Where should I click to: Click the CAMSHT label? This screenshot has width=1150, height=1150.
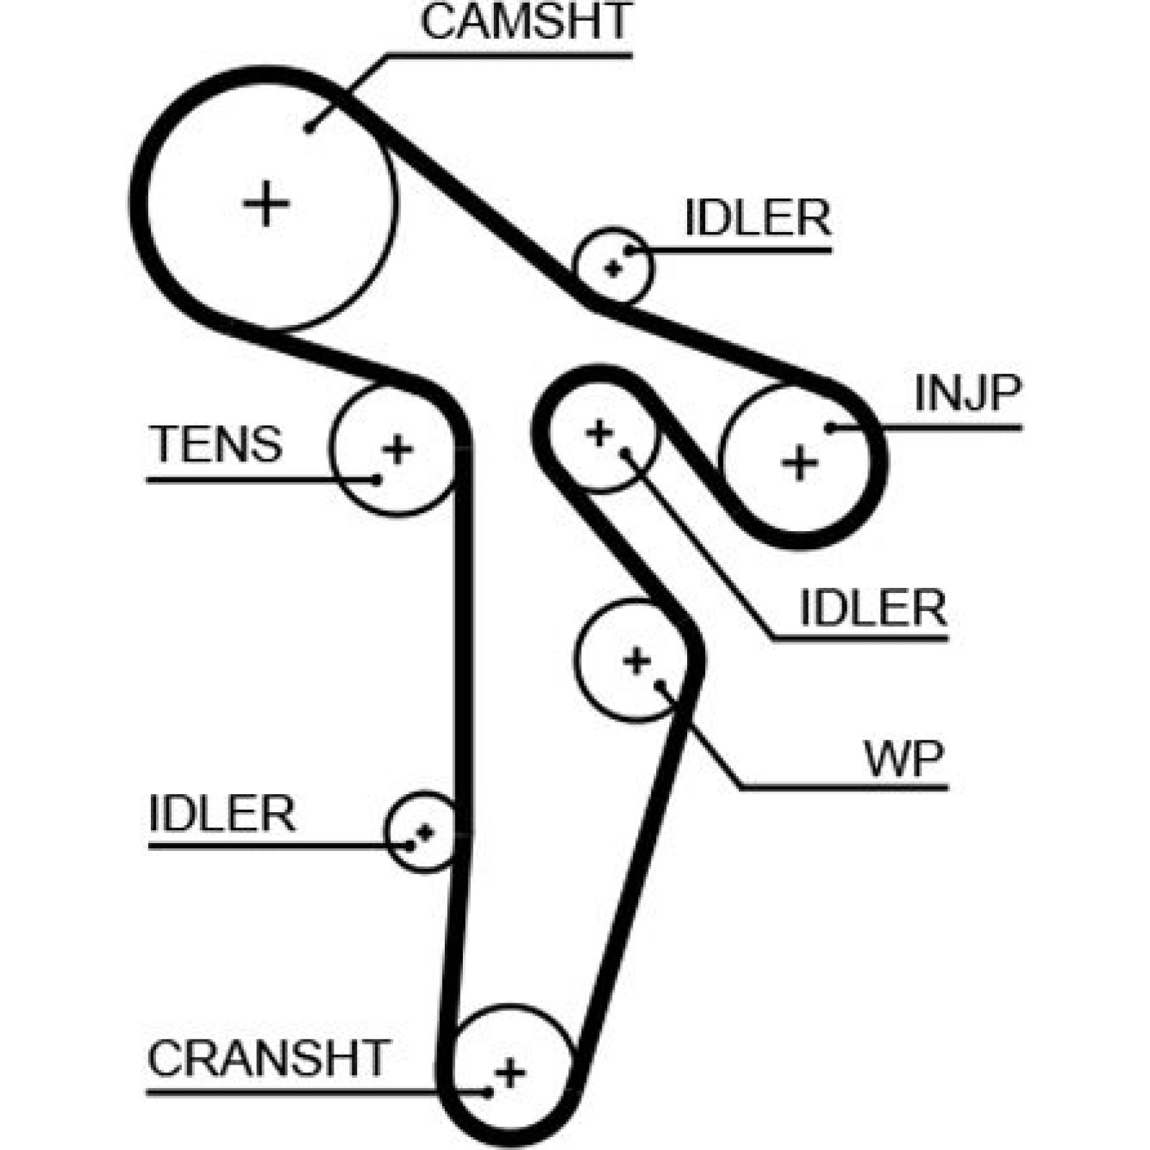coord(525,22)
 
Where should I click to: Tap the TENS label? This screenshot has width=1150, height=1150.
coord(216,443)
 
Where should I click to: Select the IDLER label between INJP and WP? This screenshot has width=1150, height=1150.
coord(873,608)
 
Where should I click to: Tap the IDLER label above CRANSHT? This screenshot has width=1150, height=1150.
coord(222,814)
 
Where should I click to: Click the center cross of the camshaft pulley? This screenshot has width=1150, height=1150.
coord(266,203)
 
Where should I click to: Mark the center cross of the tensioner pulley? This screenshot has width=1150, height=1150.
coord(397,450)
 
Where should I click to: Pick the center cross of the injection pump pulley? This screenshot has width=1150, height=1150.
coord(799,463)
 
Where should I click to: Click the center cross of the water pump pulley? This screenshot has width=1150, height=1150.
coord(637,661)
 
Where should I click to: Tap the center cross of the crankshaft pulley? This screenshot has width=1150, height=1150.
coord(510,1073)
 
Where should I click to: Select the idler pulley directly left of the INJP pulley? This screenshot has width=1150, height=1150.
coord(600,433)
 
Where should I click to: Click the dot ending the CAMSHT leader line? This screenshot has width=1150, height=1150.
coord(309,129)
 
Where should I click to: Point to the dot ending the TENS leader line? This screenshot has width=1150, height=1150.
coord(376,479)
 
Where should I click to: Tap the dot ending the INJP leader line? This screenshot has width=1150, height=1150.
coord(830,428)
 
